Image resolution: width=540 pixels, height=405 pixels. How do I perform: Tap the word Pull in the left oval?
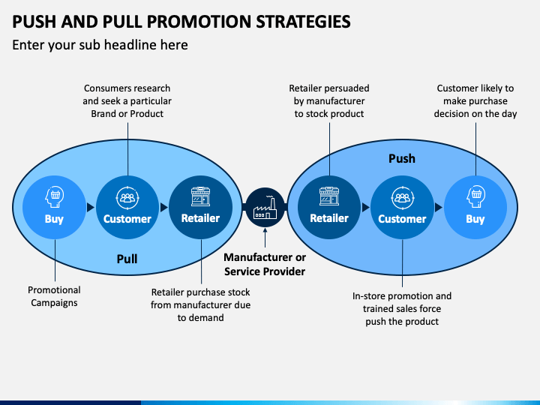pos(127,259)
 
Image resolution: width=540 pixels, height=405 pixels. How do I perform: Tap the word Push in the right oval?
pos(402,158)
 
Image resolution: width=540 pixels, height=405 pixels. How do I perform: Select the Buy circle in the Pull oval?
pos(54,207)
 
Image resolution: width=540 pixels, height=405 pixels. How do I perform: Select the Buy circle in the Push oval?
pos(475,207)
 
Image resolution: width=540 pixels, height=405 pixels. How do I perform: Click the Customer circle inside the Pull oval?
pos(127,207)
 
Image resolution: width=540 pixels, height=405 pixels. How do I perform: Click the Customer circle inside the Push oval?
pos(402,207)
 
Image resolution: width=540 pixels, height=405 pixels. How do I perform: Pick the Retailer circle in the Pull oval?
pos(200,207)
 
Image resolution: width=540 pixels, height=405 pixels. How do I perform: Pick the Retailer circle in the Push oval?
pos(329,207)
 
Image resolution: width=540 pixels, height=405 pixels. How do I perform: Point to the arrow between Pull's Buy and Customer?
pos(91,207)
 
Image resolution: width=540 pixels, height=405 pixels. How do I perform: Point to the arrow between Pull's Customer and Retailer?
pos(164,207)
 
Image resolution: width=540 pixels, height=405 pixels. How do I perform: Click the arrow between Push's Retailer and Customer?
pos(366,207)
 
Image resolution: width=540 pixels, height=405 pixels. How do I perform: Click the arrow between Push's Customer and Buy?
pos(439,207)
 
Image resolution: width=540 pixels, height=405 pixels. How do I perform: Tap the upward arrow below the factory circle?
pos(265,238)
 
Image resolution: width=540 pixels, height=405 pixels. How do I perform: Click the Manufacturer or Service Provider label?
pos(265,265)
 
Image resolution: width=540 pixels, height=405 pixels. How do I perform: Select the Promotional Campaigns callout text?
pos(54,296)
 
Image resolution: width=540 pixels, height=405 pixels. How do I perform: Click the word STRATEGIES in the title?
pos(303,21)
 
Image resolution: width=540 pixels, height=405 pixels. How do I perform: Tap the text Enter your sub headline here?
pos(100,45)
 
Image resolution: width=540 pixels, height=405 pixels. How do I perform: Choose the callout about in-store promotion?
pos(402,309)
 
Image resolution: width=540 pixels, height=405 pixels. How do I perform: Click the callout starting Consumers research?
pos(127,101)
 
